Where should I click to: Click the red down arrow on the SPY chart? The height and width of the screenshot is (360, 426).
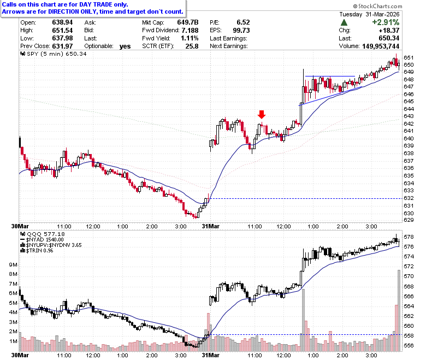coord(262,114)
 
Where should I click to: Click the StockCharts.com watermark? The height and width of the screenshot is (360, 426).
coord(377,6)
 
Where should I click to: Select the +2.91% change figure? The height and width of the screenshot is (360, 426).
coord(386,22)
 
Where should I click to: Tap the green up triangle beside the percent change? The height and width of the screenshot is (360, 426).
coord(344,22)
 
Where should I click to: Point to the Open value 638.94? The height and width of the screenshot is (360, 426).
coord(62,22)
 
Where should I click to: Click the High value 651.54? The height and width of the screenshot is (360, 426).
coord(62,30)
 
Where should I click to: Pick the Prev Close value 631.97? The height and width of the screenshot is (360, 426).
coord(62,46)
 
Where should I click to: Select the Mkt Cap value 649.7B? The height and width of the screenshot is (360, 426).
coord(188,22)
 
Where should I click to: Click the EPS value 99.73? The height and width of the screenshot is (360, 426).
coord(241,30)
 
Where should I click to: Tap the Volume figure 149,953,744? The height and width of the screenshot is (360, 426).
coord(381,46)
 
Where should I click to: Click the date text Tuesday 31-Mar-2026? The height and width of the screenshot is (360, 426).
coord(369,14)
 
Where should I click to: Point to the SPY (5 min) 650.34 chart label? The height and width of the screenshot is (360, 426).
coord(54,54)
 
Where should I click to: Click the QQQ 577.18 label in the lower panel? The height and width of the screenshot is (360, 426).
coord(43,234)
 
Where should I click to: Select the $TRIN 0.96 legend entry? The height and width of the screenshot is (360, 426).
coord(37,251)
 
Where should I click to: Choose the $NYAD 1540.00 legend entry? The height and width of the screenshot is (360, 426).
coord(42,240)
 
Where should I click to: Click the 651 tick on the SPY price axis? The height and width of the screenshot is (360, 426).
coord(409,57)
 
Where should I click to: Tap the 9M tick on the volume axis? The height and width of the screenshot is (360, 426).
coord(13,265)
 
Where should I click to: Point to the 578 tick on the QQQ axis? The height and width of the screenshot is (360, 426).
coord(409,237)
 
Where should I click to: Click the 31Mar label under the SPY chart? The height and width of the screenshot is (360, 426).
coord(211,226)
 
